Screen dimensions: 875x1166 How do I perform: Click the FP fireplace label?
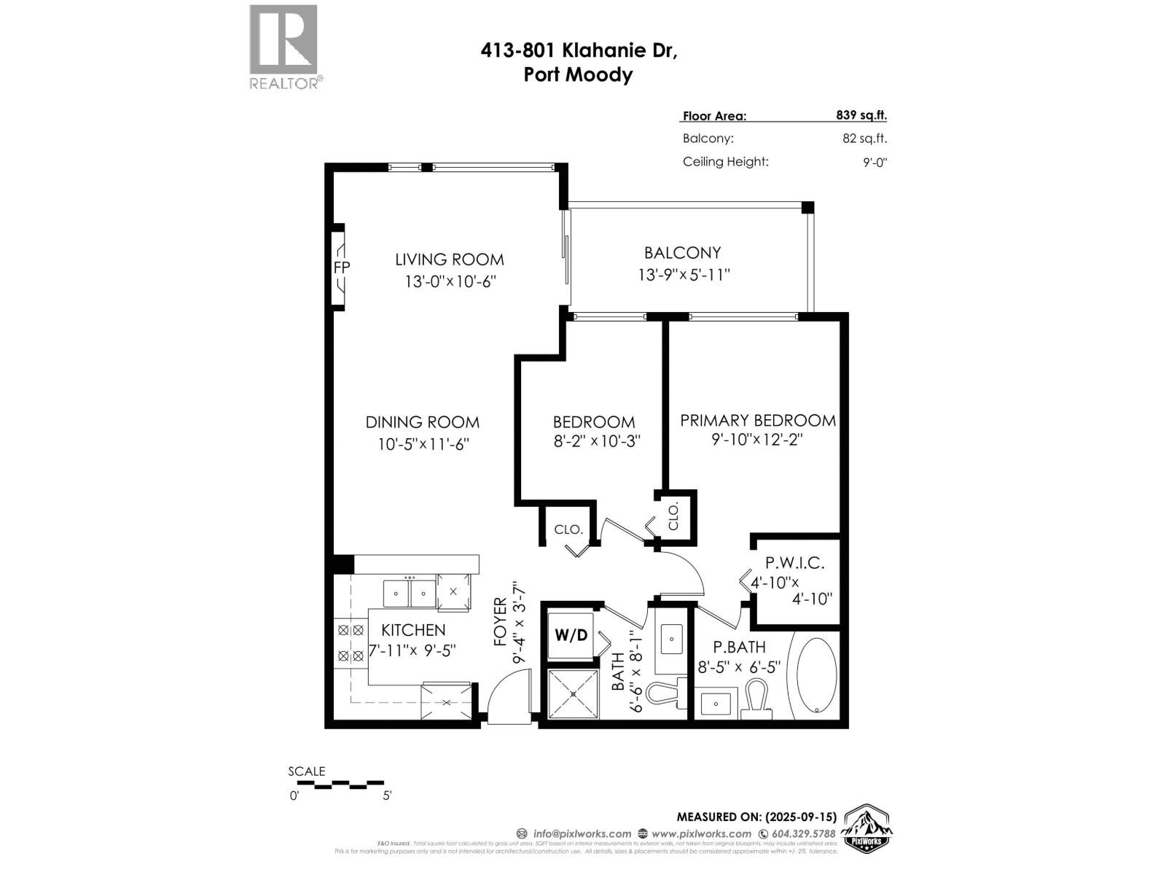[x=341, y=268]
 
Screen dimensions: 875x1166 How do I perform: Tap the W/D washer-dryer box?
[x=571, y=635]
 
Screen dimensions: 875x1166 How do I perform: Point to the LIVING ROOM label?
[x=449, y=260]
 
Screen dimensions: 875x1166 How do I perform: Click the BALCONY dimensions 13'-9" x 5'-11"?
[x=683, y=275]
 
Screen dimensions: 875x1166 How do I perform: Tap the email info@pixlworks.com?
[x=582, y=833]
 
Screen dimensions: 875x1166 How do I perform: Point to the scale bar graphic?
[x=340, y=785]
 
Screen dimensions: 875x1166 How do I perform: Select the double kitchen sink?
[x=410, y=594]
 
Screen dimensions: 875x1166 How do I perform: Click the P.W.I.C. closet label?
[x=794, y=563]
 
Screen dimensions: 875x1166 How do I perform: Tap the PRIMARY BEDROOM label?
[x=757, y=421]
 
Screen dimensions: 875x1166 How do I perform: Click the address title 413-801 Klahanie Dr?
[x=579, y=50]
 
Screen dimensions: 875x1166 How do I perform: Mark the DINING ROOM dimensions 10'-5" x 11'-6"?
[x=423, y=444]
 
